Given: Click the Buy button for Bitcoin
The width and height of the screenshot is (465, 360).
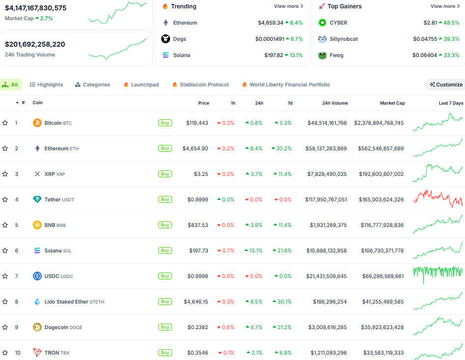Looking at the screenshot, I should coord(165,123).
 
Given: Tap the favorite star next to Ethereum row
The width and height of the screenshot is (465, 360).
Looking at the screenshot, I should coord(5,148).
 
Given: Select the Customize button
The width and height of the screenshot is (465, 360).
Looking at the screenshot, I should coord(446,84).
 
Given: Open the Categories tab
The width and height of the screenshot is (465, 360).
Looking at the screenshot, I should coord(92,84).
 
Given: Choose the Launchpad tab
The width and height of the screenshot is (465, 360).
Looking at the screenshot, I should coord(141,84).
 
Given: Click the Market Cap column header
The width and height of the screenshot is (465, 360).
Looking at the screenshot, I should coord(392,103).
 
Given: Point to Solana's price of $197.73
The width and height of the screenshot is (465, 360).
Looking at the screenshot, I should coord(199,250).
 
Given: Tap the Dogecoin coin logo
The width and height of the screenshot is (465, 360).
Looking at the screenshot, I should coord(37,327).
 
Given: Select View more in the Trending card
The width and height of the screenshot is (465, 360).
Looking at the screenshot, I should coord(289,6).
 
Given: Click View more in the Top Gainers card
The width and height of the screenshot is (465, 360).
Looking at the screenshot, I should coord(445,6).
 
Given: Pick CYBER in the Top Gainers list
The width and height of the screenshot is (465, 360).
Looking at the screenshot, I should coord(338,23).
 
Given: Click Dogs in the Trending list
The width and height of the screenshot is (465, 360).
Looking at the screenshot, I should coord(179,39).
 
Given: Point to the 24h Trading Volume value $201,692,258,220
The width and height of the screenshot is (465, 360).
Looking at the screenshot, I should coord(35,44).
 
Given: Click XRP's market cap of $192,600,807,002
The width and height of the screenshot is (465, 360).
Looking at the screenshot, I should coord(378,174).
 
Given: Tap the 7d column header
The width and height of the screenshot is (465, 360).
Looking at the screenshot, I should coord(290,103).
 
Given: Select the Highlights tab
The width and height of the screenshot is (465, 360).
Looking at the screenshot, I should coord(47,84).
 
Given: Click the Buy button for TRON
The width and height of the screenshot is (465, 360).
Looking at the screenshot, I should coord(165,353).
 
